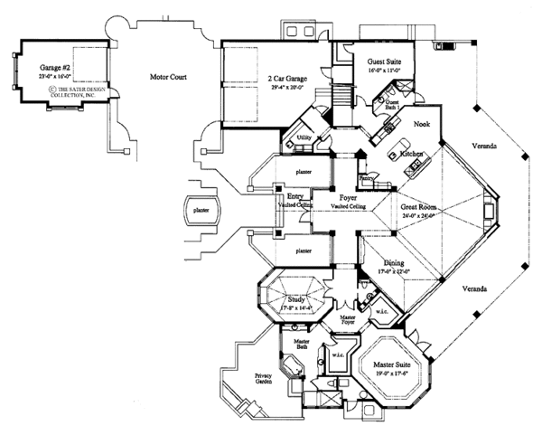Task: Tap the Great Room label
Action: pos(421,207)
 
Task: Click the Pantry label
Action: pos(366,179)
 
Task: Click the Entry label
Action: pos(294,196)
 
